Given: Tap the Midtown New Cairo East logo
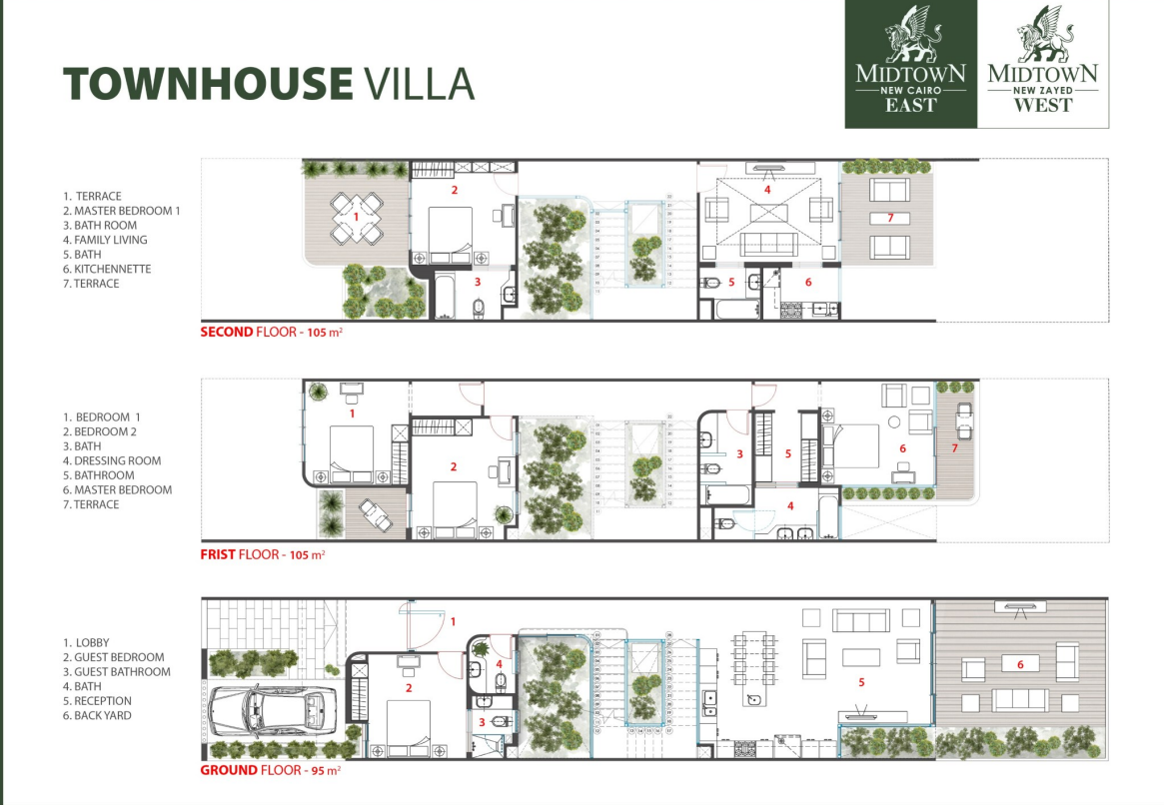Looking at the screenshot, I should tap(909, 64).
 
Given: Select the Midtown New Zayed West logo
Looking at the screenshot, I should tap(1042, 64).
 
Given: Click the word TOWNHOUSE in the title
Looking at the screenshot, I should tap(208, 84).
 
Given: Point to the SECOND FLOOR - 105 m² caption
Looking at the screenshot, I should tap(272, 332).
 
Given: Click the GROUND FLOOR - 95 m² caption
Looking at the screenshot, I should tap(272, 770).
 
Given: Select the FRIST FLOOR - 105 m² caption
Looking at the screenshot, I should tap(262, 552).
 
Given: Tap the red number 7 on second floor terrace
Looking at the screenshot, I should tap(889, 217).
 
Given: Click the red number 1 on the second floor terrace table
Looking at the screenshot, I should tap(356, 216).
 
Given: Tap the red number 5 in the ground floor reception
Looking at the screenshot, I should tap(860, 681).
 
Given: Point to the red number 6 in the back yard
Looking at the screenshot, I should tap(1019, 663).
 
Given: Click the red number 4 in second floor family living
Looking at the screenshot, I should tap(767, 189).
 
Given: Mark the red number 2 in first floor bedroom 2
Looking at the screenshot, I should tap(454, 466).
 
